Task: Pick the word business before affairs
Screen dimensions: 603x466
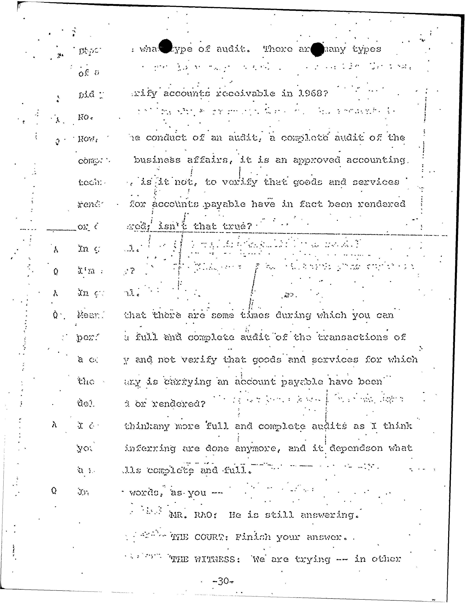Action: tap(157, 160)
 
